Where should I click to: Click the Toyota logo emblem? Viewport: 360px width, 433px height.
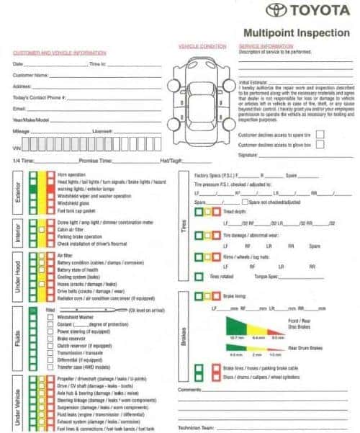point(277,11)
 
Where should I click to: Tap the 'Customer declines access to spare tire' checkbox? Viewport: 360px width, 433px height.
point(320,134)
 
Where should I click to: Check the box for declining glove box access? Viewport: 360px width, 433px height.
point(320,144)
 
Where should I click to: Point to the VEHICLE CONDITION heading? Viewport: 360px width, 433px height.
point(202,46)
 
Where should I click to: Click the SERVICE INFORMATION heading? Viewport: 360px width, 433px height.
point(264,46)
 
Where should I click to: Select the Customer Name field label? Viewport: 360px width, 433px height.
point(31,74)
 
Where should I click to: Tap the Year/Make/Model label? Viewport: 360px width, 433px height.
point(31,120)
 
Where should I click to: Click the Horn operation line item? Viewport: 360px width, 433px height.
point(71,174)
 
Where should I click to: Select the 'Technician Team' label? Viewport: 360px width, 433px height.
point(196,426)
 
